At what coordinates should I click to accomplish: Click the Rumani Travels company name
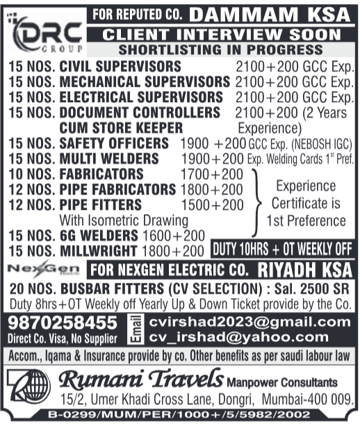pos(141,380)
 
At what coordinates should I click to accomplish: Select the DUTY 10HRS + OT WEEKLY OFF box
pos(283,249)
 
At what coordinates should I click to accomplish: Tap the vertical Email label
pos(137,329)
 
